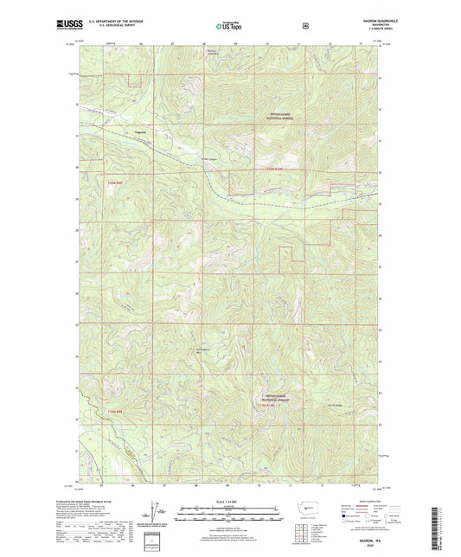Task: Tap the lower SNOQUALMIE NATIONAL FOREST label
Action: [279, 400]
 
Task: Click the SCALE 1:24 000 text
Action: [229, 503]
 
